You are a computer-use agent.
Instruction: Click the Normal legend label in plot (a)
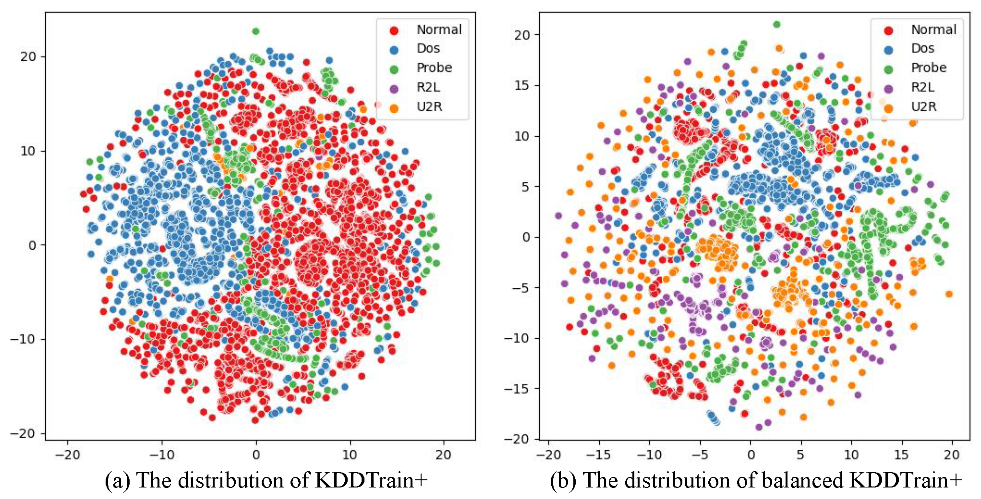[439, 30]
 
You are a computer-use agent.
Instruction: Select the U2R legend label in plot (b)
[923, 107]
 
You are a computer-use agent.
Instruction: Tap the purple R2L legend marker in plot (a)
[394, 88]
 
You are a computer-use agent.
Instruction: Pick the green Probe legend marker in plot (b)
[888, 69]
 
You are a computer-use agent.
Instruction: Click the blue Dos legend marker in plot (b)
[888, 49]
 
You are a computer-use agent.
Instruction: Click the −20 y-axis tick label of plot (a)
[24, 433]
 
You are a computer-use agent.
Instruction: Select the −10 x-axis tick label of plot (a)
[162, 454]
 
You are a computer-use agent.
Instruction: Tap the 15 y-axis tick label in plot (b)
[522, 85]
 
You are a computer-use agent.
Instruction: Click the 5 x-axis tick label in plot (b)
[800, 454]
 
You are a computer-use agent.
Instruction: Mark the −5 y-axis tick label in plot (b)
[520, 288]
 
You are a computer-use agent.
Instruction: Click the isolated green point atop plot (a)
[255, 31]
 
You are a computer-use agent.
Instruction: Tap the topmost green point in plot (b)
[776, 24]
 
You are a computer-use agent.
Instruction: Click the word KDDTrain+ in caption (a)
[371, 480]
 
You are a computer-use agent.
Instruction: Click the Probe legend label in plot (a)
[434, 68]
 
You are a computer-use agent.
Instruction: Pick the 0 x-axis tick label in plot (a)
[256, 454]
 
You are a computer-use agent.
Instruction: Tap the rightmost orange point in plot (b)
[949, 294]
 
